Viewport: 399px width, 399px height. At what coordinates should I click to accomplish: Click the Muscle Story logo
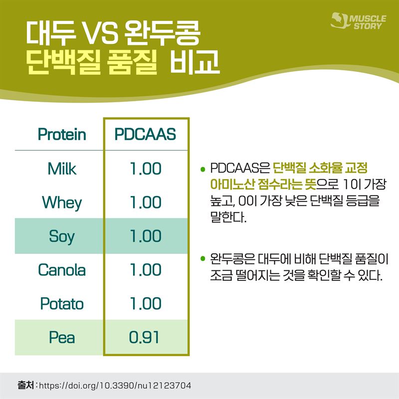click(358, 21)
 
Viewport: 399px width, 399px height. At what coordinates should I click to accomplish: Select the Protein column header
click(62, 134)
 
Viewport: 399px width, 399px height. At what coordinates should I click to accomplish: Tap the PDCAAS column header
click(145, 134)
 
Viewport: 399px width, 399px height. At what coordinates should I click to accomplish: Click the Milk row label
click(62, 169)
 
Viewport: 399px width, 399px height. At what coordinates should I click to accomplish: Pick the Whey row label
click(62, 203)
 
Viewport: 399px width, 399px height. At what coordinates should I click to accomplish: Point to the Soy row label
click(62, 236)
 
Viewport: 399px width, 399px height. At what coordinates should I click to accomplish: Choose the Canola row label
click(62, 270)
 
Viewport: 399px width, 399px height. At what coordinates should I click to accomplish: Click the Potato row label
click(62, 304)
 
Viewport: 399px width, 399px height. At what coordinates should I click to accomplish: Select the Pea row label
click(62, 338)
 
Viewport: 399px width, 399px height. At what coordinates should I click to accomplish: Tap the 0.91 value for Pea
click(144, 338)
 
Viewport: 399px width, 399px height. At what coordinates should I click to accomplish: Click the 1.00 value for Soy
click(146, 236)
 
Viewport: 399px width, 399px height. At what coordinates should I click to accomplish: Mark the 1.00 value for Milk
click(146, 169)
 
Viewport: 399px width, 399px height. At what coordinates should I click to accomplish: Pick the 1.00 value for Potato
click(146, 304)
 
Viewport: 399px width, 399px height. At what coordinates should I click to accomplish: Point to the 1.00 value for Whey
click(146, 202)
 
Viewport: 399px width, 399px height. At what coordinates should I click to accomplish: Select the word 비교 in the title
click(195, 61)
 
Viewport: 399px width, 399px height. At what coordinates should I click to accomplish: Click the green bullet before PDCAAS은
click(203, 169)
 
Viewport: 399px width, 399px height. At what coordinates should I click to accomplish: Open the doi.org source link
click(115, 386)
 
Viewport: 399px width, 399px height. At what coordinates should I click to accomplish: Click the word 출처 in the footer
click(26, 385)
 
